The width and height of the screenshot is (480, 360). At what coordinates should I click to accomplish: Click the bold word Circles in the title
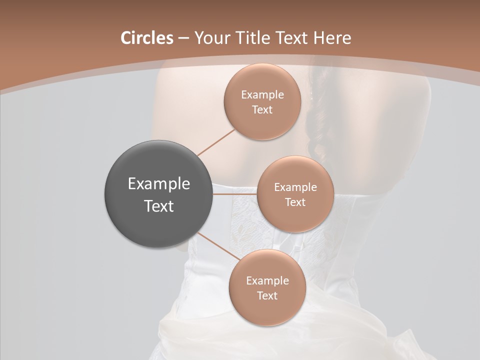pos(146,38)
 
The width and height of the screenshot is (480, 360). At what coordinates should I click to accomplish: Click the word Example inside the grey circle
pos(159,184)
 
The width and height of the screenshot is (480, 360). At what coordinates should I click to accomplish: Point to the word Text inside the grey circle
pos(159,206)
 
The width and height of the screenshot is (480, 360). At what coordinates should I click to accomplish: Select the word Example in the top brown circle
pos(262,95)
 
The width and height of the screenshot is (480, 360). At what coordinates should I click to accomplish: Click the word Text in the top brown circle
pos(262,110)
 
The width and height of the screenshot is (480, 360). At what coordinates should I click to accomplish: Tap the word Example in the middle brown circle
pos(295,187)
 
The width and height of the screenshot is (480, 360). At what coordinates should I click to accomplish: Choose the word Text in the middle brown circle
pos(295,202)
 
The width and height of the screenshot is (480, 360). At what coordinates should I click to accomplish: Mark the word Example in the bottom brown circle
pos(267,281)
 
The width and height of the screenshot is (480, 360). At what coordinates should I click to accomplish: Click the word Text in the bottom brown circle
pos(267,296)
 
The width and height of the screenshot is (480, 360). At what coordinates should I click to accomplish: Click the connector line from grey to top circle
pos(216,142)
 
